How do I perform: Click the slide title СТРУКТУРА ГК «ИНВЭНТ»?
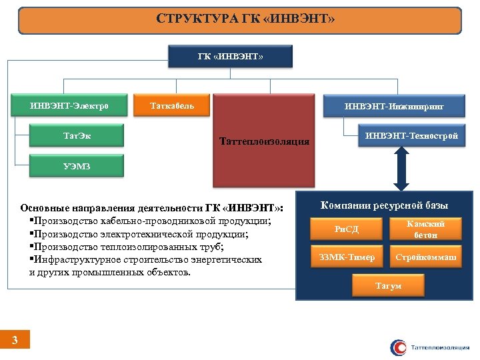point(240,20)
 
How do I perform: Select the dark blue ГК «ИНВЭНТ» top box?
point(231,57)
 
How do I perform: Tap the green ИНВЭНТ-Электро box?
point(69,105)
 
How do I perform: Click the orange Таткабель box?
point(173,105)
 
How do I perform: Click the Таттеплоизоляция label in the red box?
point(264,141)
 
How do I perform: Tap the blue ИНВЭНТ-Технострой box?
point(411,137)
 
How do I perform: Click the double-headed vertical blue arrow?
point(401,170)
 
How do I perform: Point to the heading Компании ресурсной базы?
point(384,205)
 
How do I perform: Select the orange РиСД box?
point(347,229)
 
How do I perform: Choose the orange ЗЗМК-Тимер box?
point(347,257)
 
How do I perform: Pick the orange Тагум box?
point(388,285)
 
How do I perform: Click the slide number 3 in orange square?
point(15,341)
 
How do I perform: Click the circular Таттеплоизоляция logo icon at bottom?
point(398,347)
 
